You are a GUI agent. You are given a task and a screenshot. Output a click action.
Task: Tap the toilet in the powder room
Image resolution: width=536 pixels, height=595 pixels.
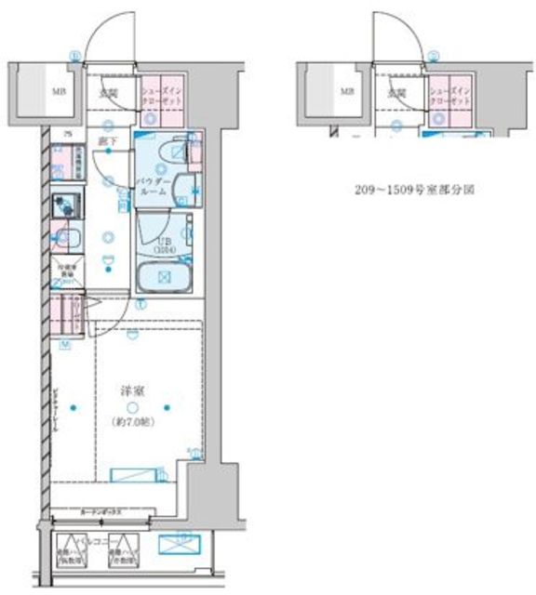point(172,153)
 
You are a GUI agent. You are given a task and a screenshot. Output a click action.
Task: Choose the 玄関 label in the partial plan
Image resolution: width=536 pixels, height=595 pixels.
point(396,92)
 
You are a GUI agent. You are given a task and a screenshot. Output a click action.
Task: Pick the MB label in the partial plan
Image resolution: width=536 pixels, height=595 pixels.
point(345,91)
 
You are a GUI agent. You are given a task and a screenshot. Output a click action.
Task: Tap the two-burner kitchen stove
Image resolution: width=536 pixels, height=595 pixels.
point(64,204)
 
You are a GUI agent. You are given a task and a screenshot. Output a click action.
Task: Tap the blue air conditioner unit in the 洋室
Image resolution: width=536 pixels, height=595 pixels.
point(139,475)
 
